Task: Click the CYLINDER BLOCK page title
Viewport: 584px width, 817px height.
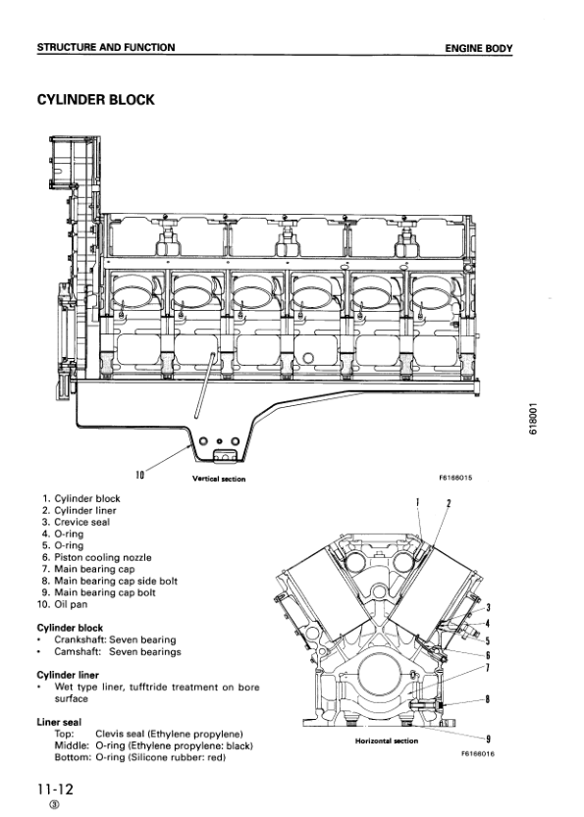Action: tap(96, 99)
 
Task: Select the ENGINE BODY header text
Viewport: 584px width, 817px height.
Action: tap(479, 48)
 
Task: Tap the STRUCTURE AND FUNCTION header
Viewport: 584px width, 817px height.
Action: tap(106, 47)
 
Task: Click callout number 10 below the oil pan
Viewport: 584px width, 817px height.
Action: tap(139, 474)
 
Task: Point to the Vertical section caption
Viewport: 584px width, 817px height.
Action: tap(219, 479)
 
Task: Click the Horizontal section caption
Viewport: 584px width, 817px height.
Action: tap(387, 740)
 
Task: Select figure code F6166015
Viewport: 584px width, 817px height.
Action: tap(455, 478)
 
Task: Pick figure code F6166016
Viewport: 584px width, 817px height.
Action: tap(477, 753)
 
